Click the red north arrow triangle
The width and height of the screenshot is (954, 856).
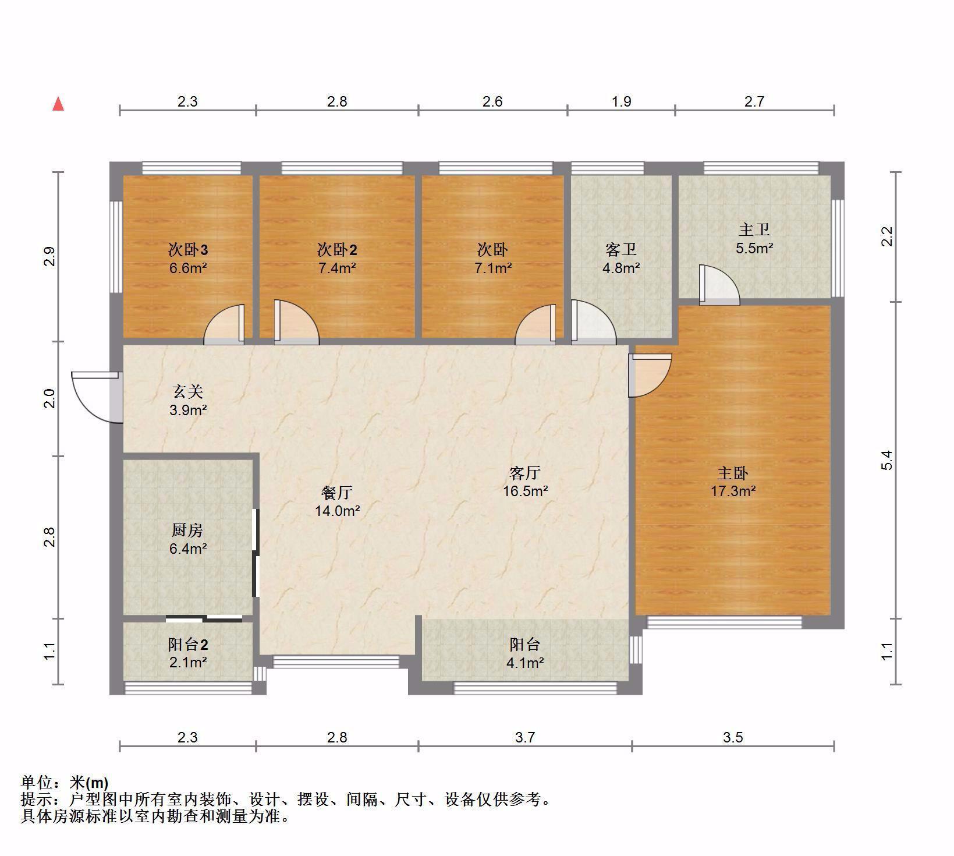(58, 104)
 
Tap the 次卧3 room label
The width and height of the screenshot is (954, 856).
(188, 250)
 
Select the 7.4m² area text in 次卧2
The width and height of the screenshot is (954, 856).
(337, 268)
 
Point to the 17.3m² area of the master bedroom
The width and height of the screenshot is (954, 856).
(733, 491)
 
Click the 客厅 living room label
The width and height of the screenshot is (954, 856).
(525, 473)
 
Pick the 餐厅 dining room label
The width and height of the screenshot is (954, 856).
(337, 493)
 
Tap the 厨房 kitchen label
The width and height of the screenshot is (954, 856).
(187, 530)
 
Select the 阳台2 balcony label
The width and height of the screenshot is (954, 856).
(188, 645)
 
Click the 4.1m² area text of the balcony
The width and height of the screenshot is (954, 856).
(525, 662)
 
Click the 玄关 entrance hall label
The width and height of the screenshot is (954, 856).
(187, 392)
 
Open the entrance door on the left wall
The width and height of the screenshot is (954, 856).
(97, 397)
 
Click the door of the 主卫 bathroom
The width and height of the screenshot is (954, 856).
(719, 285)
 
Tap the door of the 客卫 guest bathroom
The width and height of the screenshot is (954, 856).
(593, 321)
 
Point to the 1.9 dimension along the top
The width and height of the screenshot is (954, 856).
(622, 101)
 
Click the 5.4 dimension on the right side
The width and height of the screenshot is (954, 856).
(886, 460)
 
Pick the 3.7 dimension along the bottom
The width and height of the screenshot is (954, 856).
(525, 737)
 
